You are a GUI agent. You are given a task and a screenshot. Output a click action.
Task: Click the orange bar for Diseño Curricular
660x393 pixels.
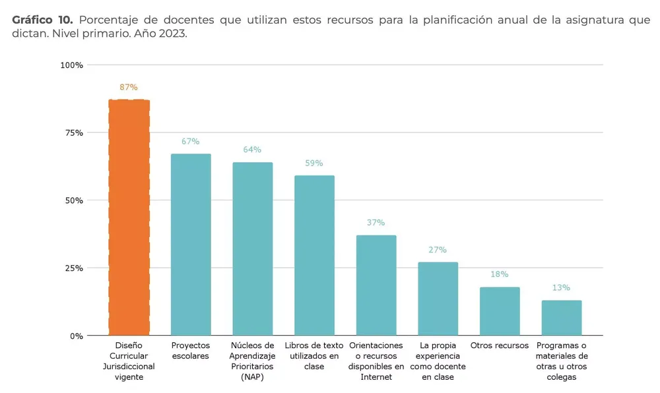coord(129,218)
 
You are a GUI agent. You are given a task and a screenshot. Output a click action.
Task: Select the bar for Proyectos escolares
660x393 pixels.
coord(191,245)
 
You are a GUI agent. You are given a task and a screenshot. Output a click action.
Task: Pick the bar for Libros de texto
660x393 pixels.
coord(314,255)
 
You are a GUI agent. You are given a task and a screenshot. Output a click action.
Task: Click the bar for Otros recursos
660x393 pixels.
coord(500,311)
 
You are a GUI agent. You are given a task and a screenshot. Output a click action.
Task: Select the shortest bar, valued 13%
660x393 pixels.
coord(562,318)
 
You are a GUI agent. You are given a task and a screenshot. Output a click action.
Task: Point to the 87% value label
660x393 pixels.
coord(129,87)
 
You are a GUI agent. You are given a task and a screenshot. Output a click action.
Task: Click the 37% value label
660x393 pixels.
coord(376,223)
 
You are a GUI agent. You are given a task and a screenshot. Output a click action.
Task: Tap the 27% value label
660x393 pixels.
coord(438,250)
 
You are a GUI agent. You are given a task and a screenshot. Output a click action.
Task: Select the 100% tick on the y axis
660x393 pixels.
coord(71,65)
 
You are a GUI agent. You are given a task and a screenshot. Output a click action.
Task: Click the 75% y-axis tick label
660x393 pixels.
coord(73,133)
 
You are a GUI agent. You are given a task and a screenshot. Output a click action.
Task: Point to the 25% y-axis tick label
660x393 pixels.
coord(73,268)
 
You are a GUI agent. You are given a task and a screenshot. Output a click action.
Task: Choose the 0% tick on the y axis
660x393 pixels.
coord(76,336)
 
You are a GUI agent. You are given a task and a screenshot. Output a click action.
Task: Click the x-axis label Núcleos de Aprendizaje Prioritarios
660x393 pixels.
coord(252,361)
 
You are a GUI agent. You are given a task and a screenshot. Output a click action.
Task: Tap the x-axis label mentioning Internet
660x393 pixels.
coord(376,361)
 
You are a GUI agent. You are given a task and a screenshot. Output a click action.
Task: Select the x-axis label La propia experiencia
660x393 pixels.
coord(438,361)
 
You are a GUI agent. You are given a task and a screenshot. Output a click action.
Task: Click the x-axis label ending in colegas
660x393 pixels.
coord(562,361)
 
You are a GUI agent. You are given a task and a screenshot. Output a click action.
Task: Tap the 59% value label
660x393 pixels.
coord(314,164)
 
